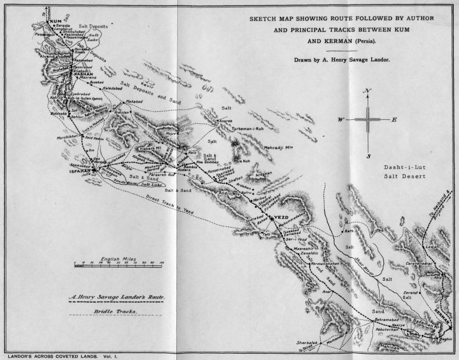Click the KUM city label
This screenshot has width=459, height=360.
point(55,22)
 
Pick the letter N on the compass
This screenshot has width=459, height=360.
point(367,92)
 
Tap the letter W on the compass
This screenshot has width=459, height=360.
point(340,119)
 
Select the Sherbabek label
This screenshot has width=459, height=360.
point(306,342)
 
